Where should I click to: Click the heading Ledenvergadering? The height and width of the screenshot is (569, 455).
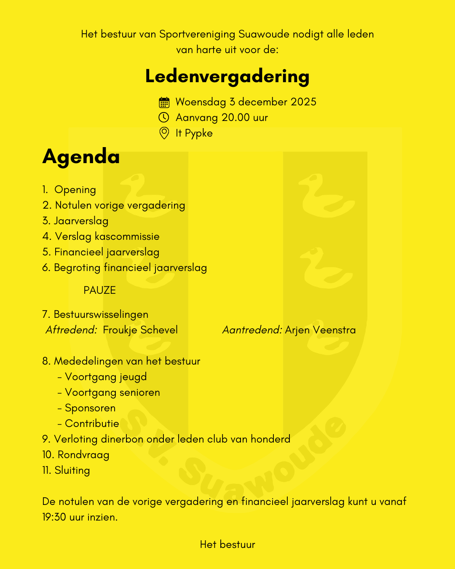(x=227, y=77)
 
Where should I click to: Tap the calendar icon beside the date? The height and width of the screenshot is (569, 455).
(x=164, y=102)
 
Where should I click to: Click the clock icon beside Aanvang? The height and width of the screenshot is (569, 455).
(x=164, y=118)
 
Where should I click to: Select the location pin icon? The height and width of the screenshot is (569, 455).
(x=164, y=133)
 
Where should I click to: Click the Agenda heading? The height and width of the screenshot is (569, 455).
(x=81, y=157)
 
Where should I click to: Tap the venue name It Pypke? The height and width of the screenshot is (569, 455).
(x=194, y=133)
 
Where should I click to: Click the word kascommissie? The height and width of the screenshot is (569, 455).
(x=127, y=236)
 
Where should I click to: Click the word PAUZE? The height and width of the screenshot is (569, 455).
(x=99, y=290)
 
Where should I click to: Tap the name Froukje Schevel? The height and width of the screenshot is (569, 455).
(x=140, y=330)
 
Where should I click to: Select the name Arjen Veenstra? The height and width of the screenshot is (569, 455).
(x=320, y=330)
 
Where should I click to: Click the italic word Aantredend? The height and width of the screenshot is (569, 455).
(x=252, y=330)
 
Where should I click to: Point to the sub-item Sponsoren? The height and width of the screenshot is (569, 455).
(x=90, y=408)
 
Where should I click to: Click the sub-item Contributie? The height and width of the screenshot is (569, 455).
(x=92, y=424)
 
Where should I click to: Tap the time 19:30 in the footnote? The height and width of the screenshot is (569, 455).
(x=54, y=517)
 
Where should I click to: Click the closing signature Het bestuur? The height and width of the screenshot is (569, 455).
(x=227, y=545)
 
